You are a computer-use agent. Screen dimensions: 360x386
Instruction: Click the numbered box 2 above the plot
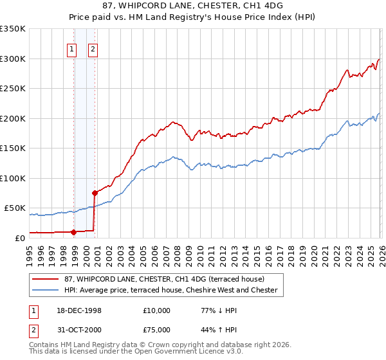point(93,49)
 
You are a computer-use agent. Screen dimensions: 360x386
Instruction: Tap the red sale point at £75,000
point(95,192)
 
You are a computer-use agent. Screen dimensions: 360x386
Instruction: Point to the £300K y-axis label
point(13,59)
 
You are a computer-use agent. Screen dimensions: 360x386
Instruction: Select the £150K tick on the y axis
point(13,148)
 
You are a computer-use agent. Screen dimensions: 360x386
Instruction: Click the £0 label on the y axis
point(19,238)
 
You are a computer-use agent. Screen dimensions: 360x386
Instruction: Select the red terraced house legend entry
point(164,279)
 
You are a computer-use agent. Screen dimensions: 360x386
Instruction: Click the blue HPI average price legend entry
point(170,291)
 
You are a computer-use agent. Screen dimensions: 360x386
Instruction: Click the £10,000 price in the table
point(157,310)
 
